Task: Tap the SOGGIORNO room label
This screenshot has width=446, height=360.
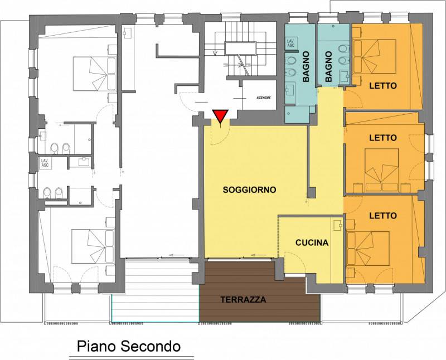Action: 249,189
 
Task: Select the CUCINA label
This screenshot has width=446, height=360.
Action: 312,243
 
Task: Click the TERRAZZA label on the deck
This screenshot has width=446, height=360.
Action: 243,299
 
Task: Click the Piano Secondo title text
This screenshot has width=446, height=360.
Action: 128,346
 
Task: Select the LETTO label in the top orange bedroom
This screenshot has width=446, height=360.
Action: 382,86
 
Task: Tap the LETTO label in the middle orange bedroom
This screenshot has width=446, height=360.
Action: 382,137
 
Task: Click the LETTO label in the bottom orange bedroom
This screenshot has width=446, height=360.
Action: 382,215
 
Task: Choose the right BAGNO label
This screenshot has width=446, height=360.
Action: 328,66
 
